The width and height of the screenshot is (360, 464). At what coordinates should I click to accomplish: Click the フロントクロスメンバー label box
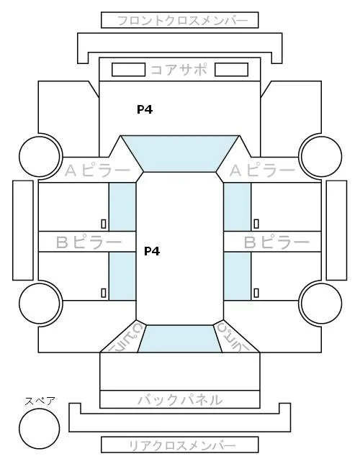point(180,20)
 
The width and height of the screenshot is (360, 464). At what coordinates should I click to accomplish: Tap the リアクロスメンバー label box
point(180,445)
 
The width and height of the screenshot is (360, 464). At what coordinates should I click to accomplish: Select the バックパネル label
point(180,400)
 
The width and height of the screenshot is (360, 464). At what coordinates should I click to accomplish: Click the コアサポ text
point(179,70)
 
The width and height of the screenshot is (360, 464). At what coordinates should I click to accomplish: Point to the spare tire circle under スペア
point(40,429)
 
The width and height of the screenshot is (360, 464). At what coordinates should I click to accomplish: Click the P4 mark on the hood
point(145,109)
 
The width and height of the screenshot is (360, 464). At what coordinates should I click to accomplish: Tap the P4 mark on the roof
point(152,251)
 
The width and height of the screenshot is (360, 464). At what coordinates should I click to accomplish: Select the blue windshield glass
point(180,153)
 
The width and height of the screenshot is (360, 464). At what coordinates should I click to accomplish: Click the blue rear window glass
point(180,339)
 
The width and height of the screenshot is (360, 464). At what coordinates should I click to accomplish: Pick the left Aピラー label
point(97,170)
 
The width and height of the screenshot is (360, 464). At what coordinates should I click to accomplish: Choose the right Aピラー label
point(262,170)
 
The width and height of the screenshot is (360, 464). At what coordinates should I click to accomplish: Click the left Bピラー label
point(89,242)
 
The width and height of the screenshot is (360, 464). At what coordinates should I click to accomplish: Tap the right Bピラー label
point(276,242)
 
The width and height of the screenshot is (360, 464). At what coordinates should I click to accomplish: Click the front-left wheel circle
point(40,156)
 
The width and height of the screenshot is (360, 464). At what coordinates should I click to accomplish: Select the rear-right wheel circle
point(322,304)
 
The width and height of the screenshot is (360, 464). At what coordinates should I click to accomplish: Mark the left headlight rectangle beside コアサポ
point(128,70)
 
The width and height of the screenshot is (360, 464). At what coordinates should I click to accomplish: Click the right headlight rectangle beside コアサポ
point(231,70)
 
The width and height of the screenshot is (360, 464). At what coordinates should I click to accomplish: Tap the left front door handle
point(104,224)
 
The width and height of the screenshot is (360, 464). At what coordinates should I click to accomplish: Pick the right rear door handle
point(256,293)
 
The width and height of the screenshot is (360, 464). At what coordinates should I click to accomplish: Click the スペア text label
point(40,401)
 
